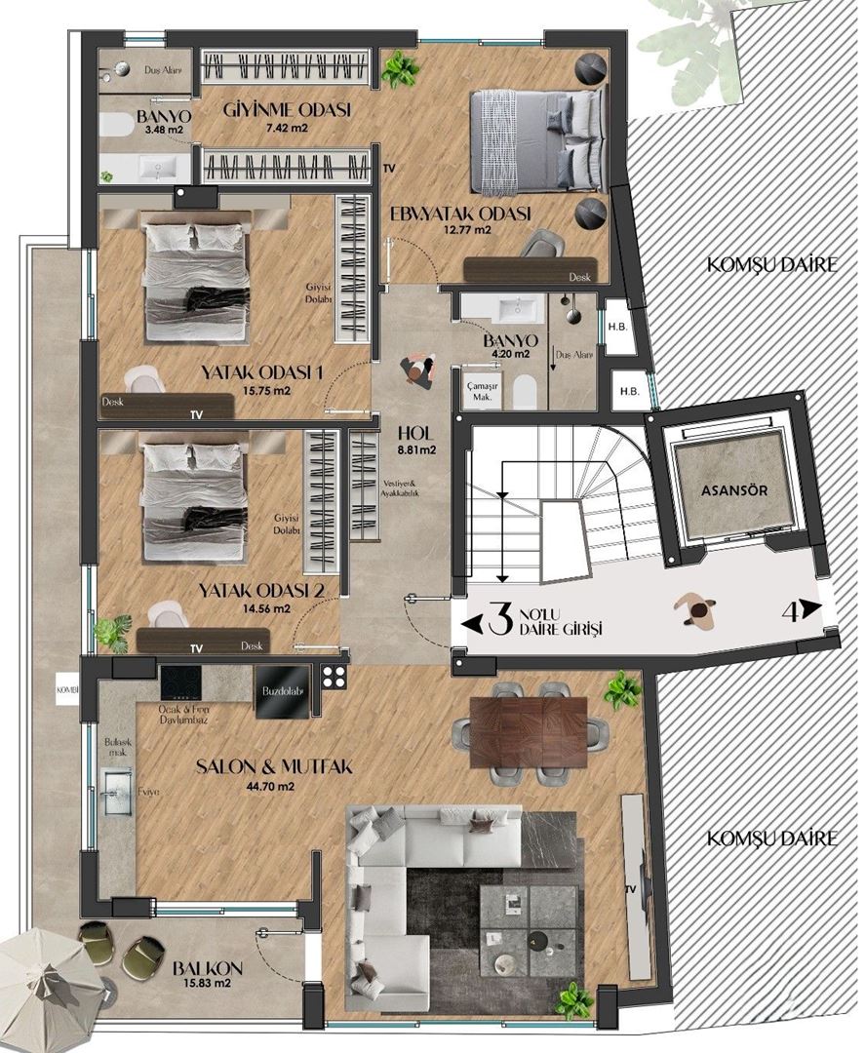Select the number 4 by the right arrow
(792, 612)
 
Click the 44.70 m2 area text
(244, 786)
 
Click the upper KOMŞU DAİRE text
(773, 264)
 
